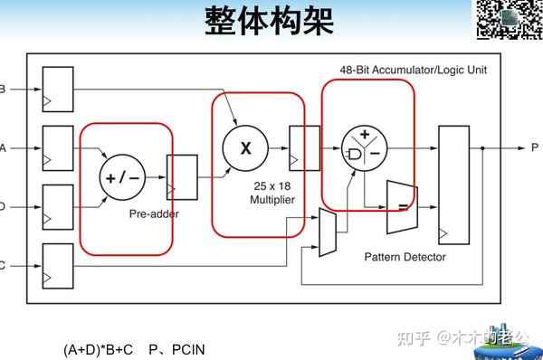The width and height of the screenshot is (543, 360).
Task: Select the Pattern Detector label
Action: coord(405,257)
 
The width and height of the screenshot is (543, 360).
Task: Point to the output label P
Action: coord(535,147)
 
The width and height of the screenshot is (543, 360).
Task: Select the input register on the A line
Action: coord(57,147)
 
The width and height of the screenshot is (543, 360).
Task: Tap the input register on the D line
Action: coord(57,206)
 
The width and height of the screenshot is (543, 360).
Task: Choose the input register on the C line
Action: coord(57,264)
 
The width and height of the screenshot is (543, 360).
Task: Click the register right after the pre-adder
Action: coord(182,176)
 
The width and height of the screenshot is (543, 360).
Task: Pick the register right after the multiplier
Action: coord(303,145)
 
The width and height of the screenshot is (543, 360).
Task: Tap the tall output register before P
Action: coord(452,185)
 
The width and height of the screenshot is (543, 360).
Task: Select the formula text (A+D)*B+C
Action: coord(99,349)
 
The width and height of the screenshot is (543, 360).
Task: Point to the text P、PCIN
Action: coord(178,349)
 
